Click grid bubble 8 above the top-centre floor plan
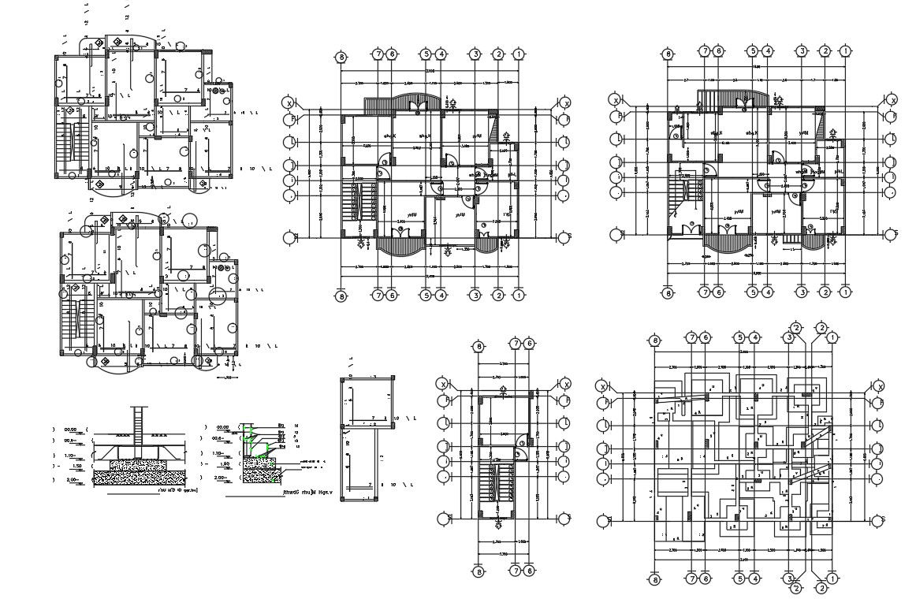coord(341,58)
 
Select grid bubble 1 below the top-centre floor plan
coord(518,296)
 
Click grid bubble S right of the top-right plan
coord(892,234)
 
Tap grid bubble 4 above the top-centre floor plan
coord(441,54)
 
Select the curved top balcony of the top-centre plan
coord(415,103)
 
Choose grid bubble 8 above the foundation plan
coord(653,340)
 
